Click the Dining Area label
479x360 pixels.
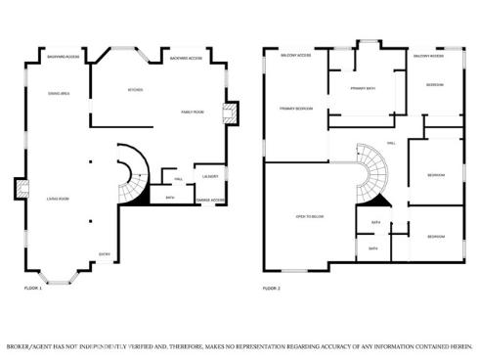tap(59, 93)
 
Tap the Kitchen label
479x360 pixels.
tap(137, 90)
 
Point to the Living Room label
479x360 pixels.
tap(58, 199)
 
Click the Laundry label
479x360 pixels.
tap(210, 176)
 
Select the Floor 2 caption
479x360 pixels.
tap(272, 289)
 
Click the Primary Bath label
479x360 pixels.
tap(363, 89)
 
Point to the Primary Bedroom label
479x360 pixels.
tap(295, 108)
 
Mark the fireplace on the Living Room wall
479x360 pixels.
tap(20, 188)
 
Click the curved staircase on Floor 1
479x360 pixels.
tap(130, 176)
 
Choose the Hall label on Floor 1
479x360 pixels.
tap(179, 180)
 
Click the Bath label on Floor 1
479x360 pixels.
tap(169, 198)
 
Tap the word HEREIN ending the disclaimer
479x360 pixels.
tap(457, 346)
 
